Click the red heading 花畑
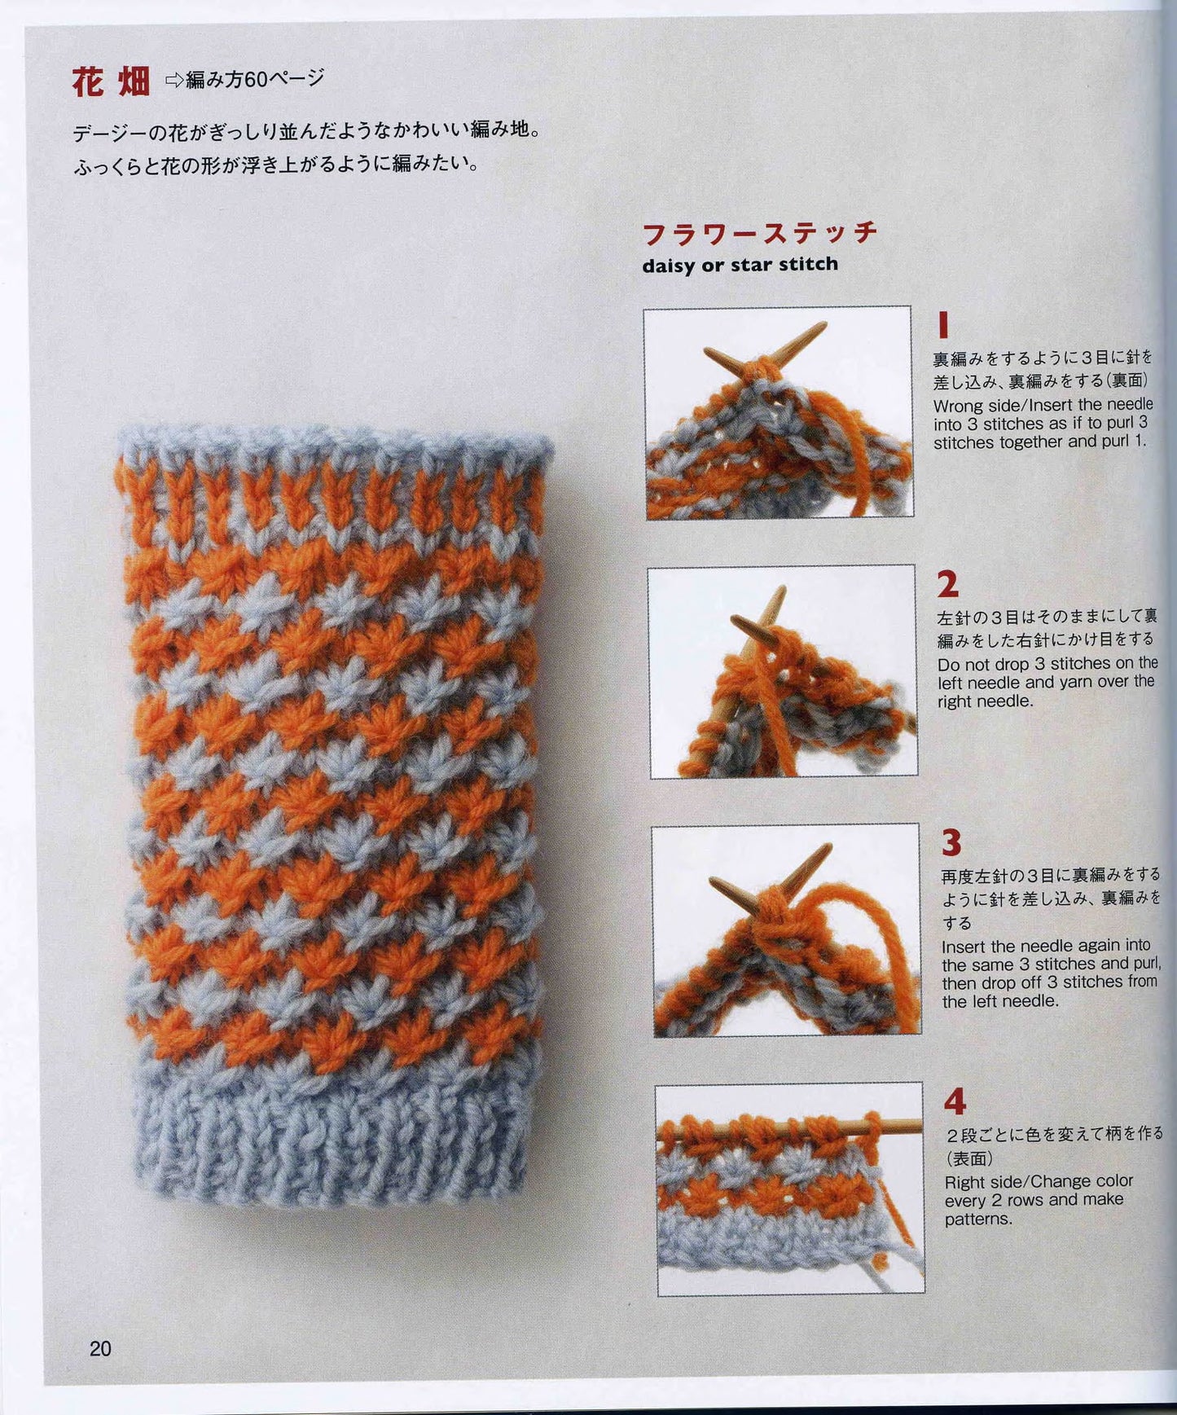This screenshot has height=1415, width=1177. click(111, 81)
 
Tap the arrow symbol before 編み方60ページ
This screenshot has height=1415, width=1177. click(174, 80)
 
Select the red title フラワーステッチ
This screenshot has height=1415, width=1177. click(760, 233)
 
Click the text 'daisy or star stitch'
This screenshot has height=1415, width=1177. click(740, 265)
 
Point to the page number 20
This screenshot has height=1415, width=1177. click(100, 1349)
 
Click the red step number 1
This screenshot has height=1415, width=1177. click(943, 325)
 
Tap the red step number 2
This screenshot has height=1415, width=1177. click(947, 584)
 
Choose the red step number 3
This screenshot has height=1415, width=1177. click(951, 843)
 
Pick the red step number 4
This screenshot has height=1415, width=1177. click(955, 1102)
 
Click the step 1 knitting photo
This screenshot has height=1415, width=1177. click(778, 412)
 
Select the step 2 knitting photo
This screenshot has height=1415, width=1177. click(782, 672)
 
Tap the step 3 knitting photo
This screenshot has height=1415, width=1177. click(786, 930)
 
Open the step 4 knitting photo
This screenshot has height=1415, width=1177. click(789, 1189)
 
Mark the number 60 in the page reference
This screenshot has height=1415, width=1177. click(256, 79)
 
